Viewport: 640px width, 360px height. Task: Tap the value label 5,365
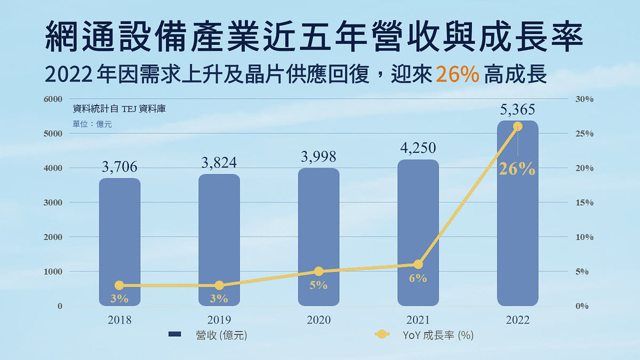click(x=517, y=110)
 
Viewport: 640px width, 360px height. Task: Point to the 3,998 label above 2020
click(x=318, y=156)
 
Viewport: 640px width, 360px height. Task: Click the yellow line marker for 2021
click(x=418, y=265)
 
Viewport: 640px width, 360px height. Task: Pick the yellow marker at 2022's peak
click(x=517, y=126)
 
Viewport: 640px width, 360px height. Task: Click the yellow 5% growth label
click(x=318, y=285)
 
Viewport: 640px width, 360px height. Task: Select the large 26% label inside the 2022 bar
click(x=517, y=169)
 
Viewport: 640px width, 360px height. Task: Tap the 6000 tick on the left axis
click(x=53, y=99)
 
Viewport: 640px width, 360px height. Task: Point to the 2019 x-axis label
click(x=219, y=320)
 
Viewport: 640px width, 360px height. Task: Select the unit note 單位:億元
click(x=92, y=124)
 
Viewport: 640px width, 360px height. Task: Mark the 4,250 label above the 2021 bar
click(x=418, y=148)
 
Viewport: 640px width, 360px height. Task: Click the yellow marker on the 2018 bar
click(x=119, y=286)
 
